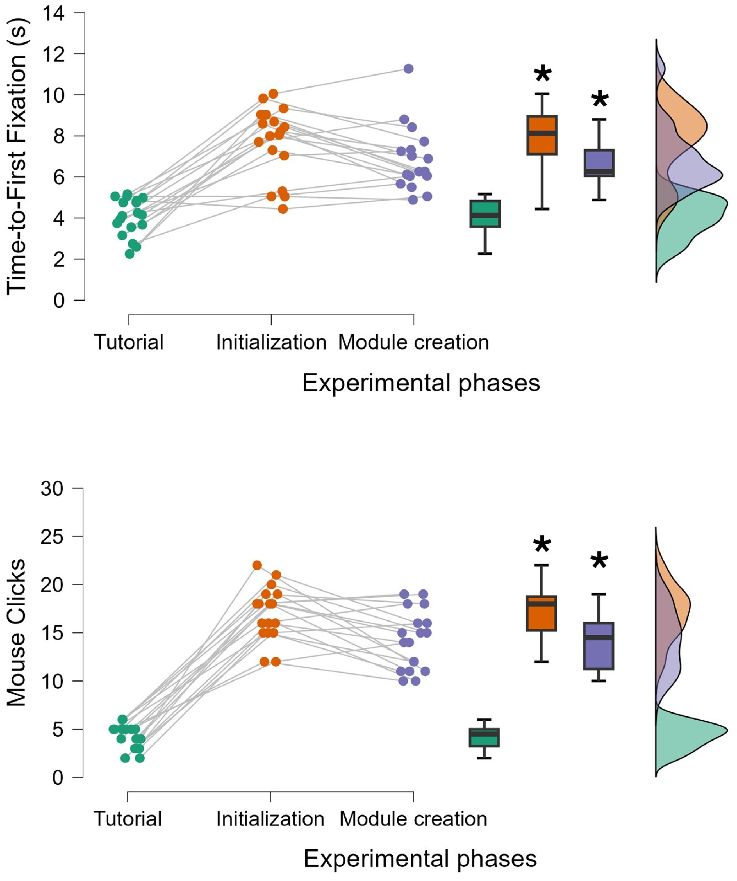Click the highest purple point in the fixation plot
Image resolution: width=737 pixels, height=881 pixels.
[408, 68]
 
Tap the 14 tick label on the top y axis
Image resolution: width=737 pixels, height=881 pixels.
[54, 13]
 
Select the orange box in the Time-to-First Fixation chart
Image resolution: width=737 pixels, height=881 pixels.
[542, 135]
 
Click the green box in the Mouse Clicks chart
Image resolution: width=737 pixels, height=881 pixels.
[484, 737]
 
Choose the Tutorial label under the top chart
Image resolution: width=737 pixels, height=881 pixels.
[128, 342]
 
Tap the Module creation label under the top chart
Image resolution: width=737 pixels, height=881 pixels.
[414, 342]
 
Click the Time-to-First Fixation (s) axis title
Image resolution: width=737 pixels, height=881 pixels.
[17, 156]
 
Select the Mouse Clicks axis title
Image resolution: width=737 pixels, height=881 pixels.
[17, 633]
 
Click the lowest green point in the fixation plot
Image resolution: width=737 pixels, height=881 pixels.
[129, 254]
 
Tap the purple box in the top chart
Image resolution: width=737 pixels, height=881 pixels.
[599, 163]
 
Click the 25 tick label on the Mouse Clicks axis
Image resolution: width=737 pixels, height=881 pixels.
[52, 537]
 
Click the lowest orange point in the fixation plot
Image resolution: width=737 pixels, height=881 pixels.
[283, 209]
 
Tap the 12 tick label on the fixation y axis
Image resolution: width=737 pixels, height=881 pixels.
[54, 54]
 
